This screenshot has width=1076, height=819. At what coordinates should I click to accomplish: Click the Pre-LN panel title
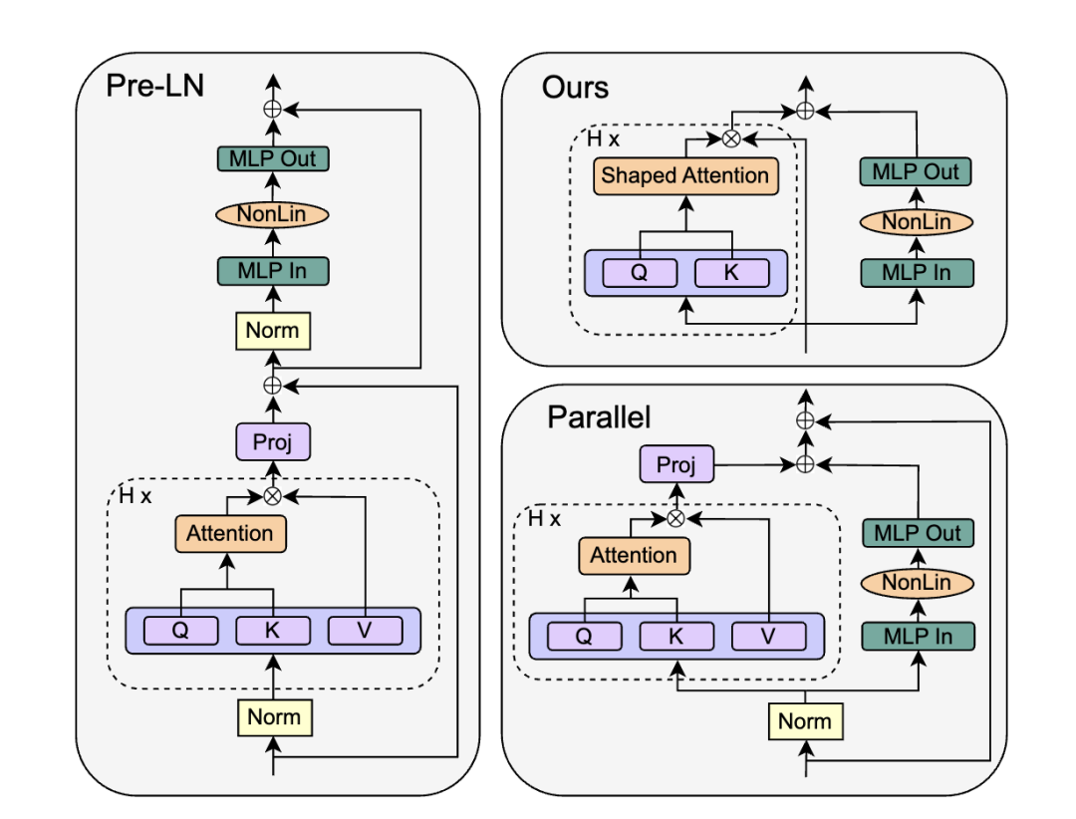click(x=155, y=86)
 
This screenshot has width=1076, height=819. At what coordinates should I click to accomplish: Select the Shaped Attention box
click(x=685, y=175)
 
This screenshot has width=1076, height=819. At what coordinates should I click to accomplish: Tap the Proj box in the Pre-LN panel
click(x=273, y=441)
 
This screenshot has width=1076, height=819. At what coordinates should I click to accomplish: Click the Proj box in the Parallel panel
click(x=676, y=464)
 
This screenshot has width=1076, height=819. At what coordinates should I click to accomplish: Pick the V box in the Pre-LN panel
click(x=365, y=631)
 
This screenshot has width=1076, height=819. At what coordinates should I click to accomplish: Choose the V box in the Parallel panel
click(x=768, y=636)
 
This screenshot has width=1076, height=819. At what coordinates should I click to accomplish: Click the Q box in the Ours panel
click(x=640, y=273)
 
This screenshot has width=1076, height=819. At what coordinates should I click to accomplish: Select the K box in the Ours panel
click(x=732, y=273)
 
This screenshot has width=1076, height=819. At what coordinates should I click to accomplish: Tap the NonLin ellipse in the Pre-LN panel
click(x=272, y=214)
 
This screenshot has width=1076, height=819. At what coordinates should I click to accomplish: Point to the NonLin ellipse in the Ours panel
click(x=917, y=222)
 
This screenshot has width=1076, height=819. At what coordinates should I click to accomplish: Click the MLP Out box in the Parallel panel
click(x=918, y=533)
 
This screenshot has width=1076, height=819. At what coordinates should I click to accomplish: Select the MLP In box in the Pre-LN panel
click(x=272, y=270)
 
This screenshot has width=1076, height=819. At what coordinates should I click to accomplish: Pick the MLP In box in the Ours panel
click(x=917, y=273)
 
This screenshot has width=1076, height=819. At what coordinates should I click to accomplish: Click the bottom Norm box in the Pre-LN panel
click(x=275, y=717)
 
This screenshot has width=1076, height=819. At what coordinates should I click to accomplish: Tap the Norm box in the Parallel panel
click(x=805, y=720)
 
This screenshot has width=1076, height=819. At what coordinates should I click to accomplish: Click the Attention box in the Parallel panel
click(x=634, y=555)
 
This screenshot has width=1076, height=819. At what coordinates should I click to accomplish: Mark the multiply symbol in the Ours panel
click(x=731, y=138)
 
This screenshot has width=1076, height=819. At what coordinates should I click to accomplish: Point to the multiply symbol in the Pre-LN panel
click(x=272, y=495)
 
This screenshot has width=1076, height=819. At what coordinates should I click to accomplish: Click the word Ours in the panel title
click(x=575, y=88)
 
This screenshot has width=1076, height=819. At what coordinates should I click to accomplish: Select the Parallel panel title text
click(x=599, y=417)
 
